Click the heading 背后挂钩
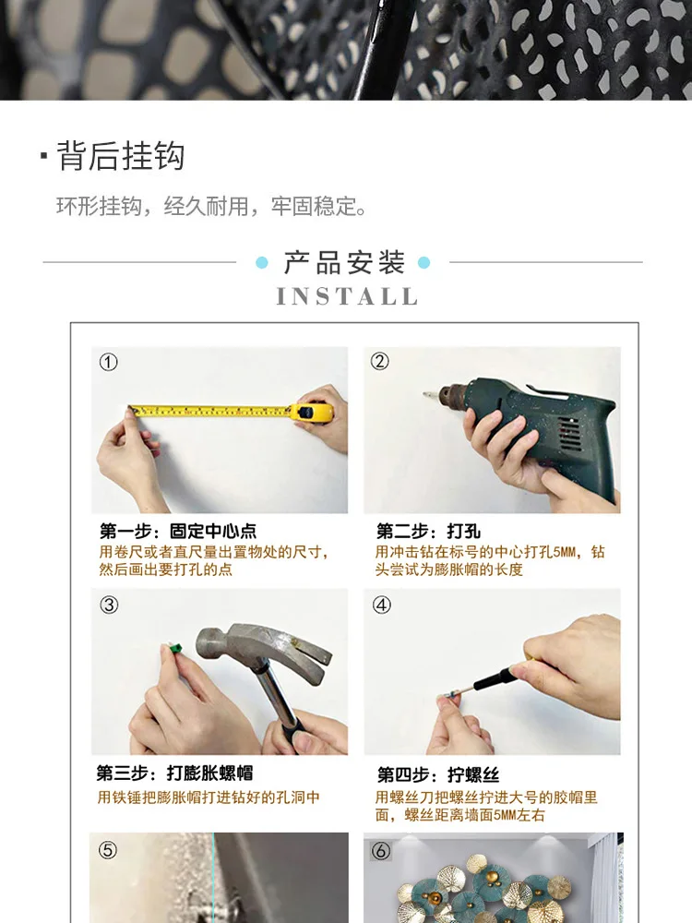[x=121, y=156]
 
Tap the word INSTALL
[x=347, y=296]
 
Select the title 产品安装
[x=344, y=262]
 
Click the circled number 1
[x=108, y=362]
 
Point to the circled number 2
[x=380, y=361]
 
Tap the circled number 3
[x=109, y=605]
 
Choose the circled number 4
[x=382, y=605]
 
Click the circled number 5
[x=108, y=850]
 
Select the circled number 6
[x=381, y=851]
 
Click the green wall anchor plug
[x=174, y=649]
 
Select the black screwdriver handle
[x=496, y=679]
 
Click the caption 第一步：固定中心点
[x=178, y=531]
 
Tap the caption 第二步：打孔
[x=428, y=531]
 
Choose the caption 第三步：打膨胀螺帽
[x=174, y=773]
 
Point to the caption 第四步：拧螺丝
[x=438, y=774]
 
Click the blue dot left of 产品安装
[x=262, y=262]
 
